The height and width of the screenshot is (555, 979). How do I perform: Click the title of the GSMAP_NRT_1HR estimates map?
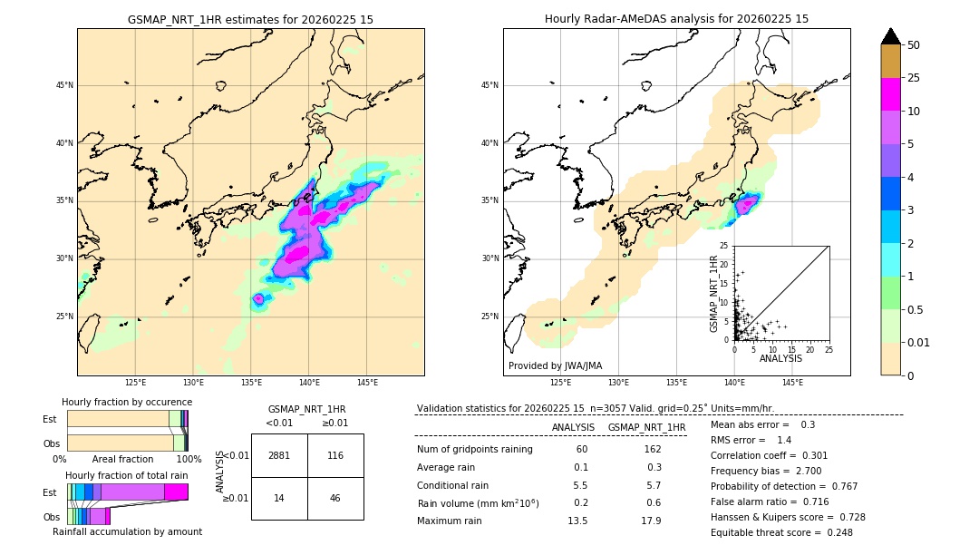pyautogui.click(x=250, y=19)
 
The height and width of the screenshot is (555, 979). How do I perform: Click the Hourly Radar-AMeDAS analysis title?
pyautogui.click(x=676, y=19)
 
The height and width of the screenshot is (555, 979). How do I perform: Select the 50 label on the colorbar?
pyautogui.click(x=914, y=45)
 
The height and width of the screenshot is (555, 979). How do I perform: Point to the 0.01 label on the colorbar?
pyautogui.click(x=919, y=342)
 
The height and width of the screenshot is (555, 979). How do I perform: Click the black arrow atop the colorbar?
pyautogui.click(x=891, y=36)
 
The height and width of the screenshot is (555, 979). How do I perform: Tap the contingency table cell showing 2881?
pyautogui.click(x=279, y=455)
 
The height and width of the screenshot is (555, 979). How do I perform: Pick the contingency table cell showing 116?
pyautogui.click(x=335, y=455)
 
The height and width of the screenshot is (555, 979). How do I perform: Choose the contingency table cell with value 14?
pyautogui.click(x=279, y=498)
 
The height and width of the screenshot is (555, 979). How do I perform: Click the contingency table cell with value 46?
pyautogui.click(x=335, y=498)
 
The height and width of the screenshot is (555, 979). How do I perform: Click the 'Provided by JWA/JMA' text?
pyautogui.click(x=555, y=366)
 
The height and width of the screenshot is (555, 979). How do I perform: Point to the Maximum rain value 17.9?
pyautogui.click(x=651, y=521)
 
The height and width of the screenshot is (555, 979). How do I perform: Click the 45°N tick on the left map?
pyautogui.click(x=64, y=85)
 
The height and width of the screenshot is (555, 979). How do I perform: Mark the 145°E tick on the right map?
pyautogui.click(x=792, y=383)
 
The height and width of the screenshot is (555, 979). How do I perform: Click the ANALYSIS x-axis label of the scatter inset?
pyautogui.click(x=780, y=358)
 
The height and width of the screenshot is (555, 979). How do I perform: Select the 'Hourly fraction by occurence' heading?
pyautogui.click(x=127, y=402)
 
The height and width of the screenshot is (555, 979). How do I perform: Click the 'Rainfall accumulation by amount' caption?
pyautogui.click(x=127, y=531)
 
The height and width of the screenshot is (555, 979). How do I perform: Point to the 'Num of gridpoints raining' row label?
pyautogui.click(x=474, y=450)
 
